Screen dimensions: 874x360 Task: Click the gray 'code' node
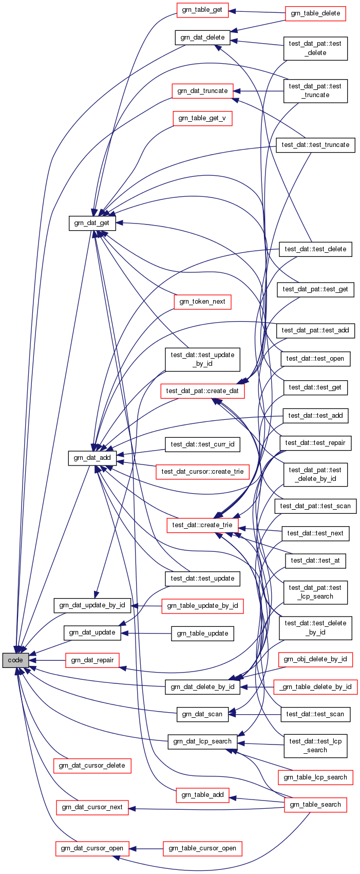coord(15,660)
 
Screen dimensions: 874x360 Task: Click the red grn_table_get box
coord(202,10)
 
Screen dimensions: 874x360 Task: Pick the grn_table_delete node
coord(315,13)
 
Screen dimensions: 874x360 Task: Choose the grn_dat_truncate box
coord(202,91)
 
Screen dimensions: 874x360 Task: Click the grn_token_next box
coord(202,302)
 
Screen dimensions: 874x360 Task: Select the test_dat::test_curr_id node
coord(202,444)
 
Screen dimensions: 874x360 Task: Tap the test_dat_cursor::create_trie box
coord(202,472)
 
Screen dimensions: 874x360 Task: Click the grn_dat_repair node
coord(92,660)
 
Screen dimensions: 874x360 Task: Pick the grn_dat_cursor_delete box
coord(92,766)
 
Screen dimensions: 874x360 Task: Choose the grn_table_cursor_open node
coord(202,848)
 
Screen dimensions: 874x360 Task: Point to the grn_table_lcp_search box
coord(315,777)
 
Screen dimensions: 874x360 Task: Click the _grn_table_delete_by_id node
coord(315,687)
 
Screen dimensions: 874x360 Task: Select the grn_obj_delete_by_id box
coord(315,659)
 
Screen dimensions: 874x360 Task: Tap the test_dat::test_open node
coord(315,359)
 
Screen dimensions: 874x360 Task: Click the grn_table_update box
coord(202,634)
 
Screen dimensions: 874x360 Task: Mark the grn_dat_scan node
coord(202,714)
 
